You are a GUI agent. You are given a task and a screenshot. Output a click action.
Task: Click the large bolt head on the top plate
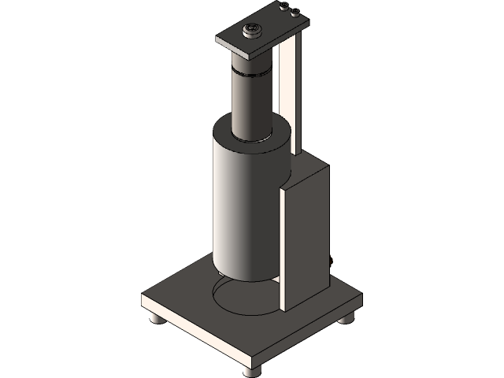click(251, 31)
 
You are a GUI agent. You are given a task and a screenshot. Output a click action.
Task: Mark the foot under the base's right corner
click(346, 319)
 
